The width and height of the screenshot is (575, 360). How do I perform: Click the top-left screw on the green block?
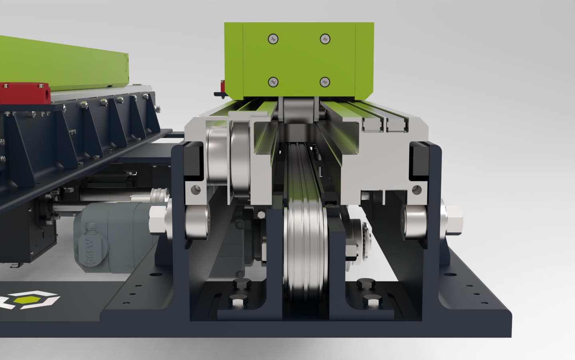[x=273, y=39]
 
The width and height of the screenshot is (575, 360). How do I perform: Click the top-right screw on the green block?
[x=325, y=39]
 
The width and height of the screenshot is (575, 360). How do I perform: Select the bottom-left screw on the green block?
[x=273, y=82]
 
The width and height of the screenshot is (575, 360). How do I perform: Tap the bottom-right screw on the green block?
[x=325, y=82]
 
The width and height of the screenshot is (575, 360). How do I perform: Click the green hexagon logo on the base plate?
[x=27, y=300]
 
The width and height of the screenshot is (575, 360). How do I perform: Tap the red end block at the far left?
[x=25, y=93]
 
